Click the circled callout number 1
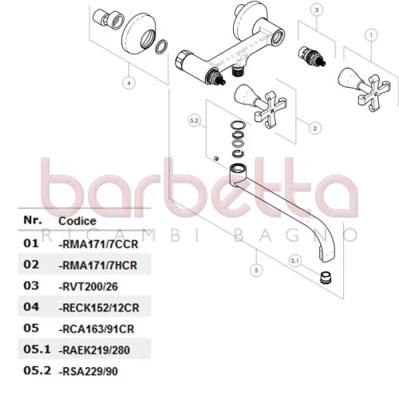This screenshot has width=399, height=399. click(x=371, y=35)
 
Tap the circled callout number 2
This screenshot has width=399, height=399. click(x=315, y=128)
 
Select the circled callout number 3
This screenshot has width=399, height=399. click(x=317, y=10)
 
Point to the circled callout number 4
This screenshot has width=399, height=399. click(x=129, y=83)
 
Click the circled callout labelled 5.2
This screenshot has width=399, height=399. click(x=194, y=120)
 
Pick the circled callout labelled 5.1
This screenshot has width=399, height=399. click(x=295, y=261)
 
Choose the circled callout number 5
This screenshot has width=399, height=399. click(x=256, y=271)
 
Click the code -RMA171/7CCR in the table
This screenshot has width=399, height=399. click(x=98, y=244)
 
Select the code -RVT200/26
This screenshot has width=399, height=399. click(x=89, y=286)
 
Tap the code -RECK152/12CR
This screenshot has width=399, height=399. click(x=99, y=308)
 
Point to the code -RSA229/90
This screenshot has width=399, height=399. click(x=89, y=372)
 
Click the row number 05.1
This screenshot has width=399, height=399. click(x=37, y=350)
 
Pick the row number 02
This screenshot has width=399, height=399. click(x=31, y=264)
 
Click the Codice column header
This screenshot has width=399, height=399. click(x=77, y=221)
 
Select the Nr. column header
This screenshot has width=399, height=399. click(x=33, y=220)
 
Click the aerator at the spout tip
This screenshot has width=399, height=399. click(x=325, y=279)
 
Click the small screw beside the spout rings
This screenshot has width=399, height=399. click(x=216, y=159)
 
